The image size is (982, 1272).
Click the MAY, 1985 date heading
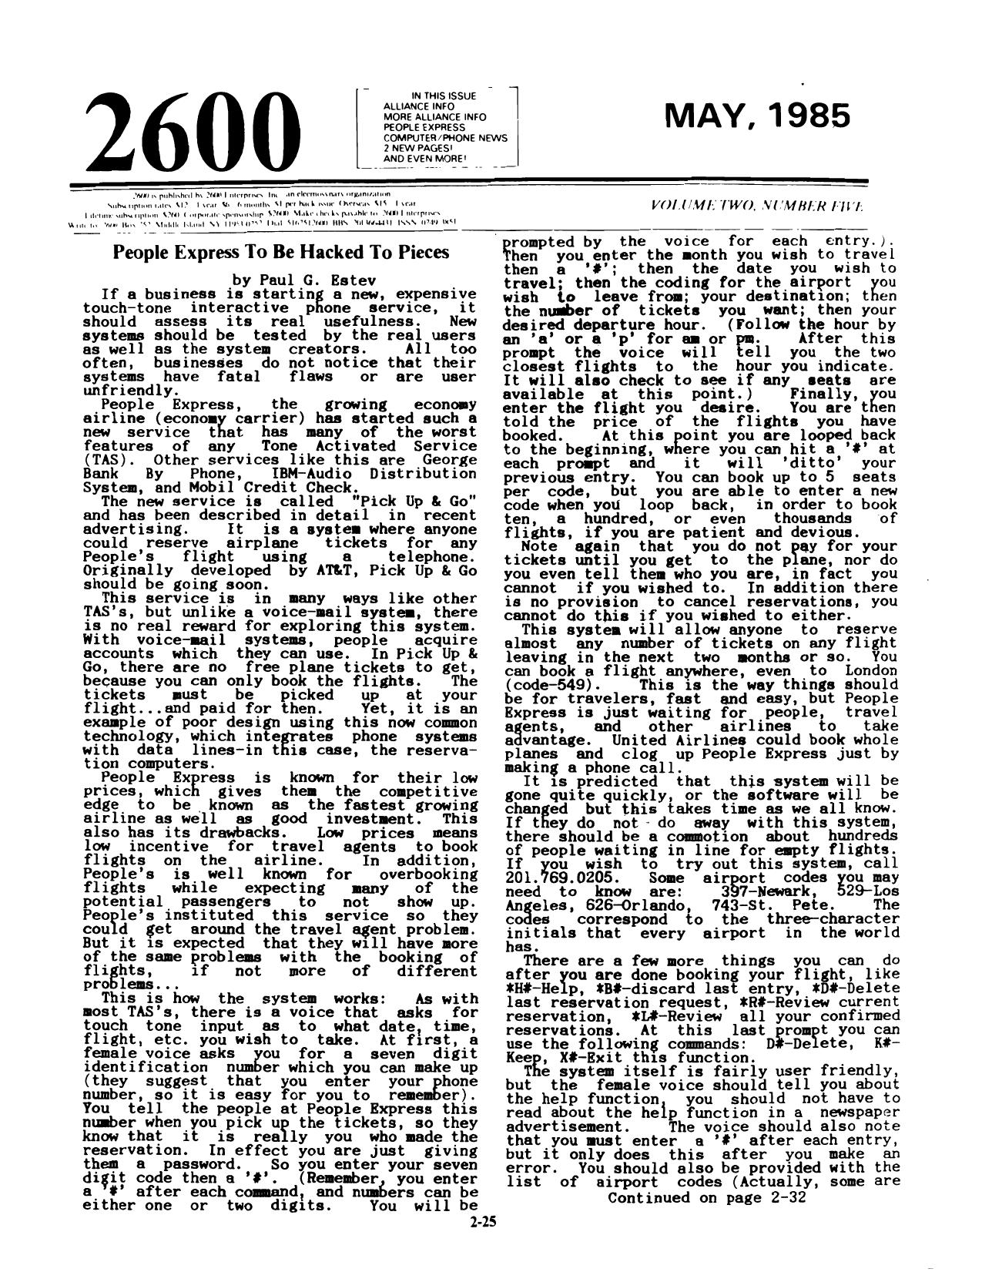758,116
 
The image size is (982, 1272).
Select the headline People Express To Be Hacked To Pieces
281,252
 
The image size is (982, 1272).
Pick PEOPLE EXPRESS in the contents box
424,127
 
